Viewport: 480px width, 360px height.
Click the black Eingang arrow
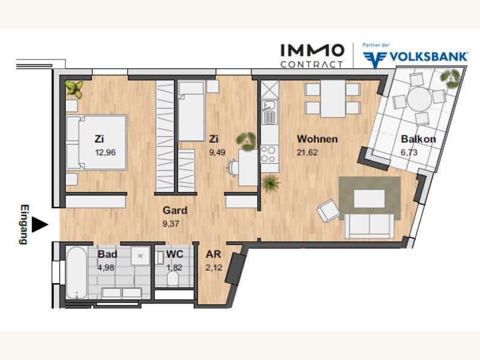point(40,224)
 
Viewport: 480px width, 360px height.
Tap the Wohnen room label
point(317,139)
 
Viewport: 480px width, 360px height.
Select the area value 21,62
point(307,152)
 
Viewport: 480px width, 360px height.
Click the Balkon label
point(418,139)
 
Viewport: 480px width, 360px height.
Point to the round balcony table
point(419,99)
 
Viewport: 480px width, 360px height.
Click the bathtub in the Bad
point(77,273)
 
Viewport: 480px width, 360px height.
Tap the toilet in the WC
point(173,278)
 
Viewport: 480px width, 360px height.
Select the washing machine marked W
point(140,256)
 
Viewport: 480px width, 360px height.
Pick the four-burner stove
point(269,154)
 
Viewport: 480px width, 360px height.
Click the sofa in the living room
point(369,226)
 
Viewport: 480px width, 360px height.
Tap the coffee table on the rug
point(370,199)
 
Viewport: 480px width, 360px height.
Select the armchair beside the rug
point(328,211)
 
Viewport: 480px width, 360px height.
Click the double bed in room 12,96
point(97,142)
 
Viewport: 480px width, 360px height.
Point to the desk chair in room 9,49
point(233,168)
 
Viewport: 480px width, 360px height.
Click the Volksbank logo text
point(428,56)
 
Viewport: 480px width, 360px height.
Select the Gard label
point(175,211)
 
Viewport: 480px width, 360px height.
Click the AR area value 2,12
point(214,268)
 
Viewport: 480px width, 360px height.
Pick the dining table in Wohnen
point(333,99)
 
